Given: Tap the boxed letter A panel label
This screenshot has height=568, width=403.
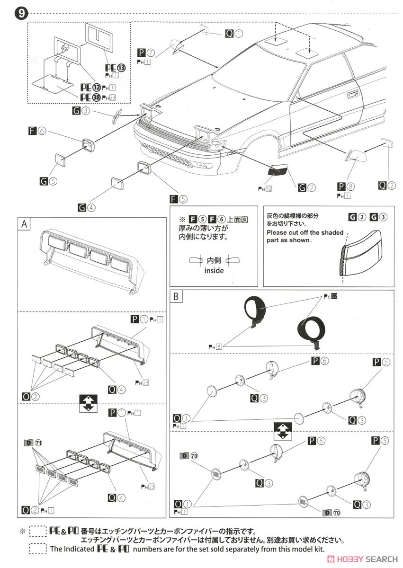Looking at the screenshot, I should [x=24, y=224].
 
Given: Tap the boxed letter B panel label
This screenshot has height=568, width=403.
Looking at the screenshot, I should [x=176, y=297].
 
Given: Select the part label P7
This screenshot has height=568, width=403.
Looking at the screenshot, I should [x=146, y=53].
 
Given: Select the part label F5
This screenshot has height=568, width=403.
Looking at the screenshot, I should [x=178, y=199].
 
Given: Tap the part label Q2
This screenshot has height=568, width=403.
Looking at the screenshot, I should [x=386, y=186].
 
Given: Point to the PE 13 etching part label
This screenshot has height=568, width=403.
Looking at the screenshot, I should [x=115, y=68].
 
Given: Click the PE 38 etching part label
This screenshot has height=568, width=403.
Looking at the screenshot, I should [x=90, y=98].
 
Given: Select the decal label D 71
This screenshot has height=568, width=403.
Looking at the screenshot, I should [x=33, y=443].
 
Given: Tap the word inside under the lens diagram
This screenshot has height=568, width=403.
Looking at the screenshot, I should [x=214, y=271].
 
